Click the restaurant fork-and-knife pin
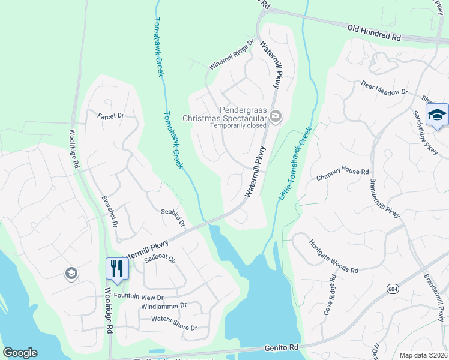(x=116, y=268)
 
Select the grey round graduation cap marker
(x=71, y=274)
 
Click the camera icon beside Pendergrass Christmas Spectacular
(x=276, y=116)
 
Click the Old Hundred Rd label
(x=374, y=32)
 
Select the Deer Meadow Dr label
(x=384, y=89)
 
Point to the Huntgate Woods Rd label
(x=333, y=257)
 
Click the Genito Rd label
(x=282, y=347)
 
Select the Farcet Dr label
(x=111, y=115)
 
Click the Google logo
(x=20, y=353)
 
